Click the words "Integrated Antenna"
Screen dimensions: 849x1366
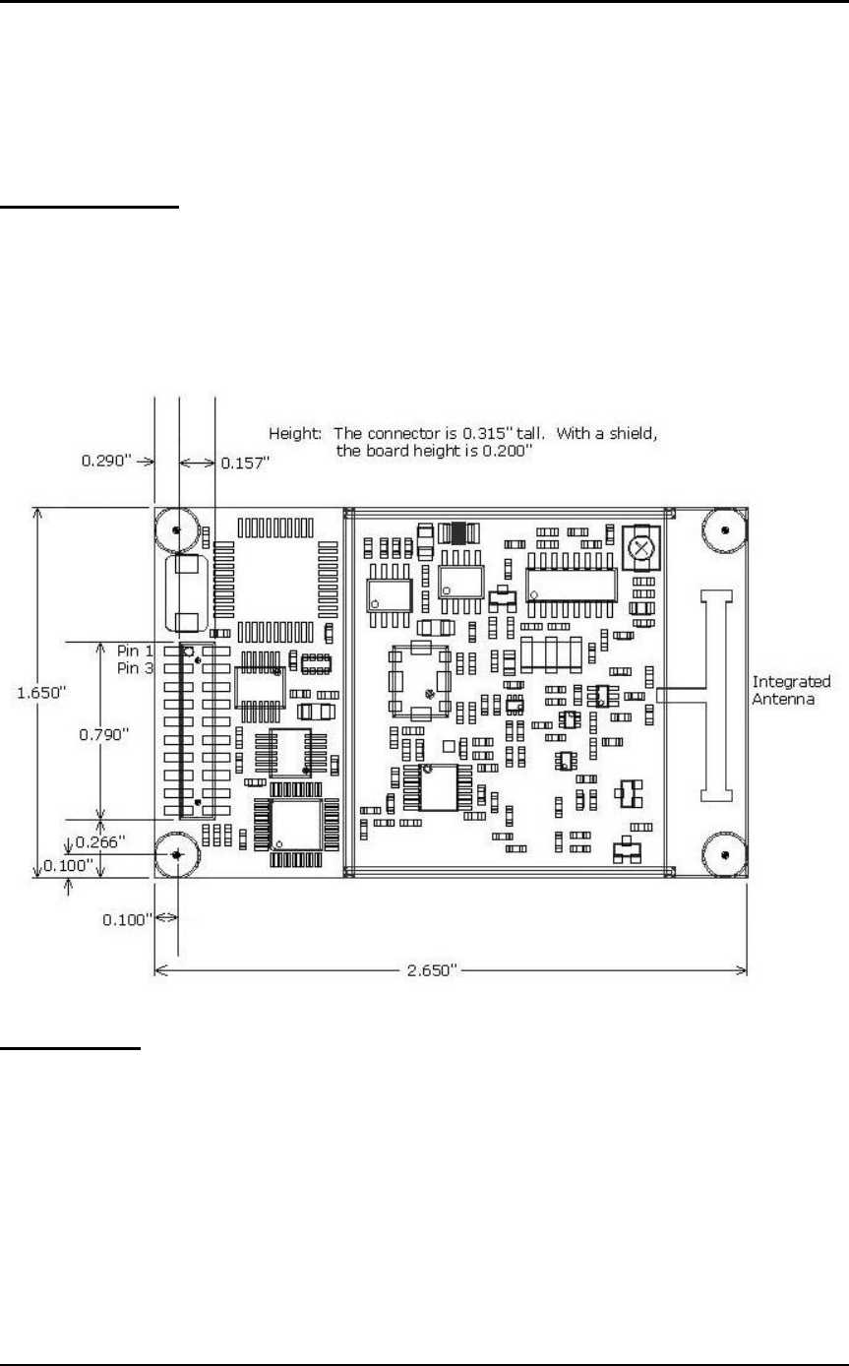coord(790,689)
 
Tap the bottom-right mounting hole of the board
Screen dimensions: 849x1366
coord(724,853)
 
